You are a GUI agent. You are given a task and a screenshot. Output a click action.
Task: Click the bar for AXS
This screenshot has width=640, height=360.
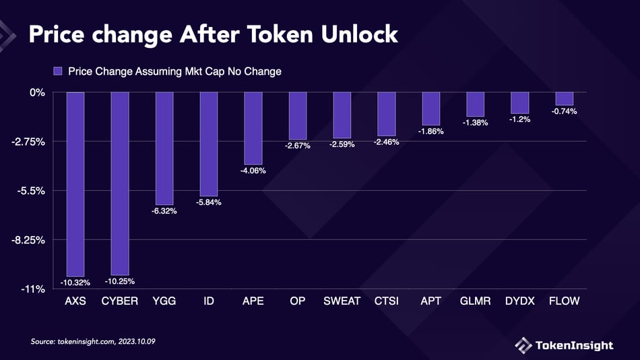(x=75, y=183)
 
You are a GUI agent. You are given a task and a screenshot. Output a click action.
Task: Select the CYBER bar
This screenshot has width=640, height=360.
(x=120, y=183)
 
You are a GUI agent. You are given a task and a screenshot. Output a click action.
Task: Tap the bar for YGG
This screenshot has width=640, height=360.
(x=164, y=148)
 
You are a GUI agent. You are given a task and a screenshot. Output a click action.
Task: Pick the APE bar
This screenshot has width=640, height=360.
(x=253, y=128)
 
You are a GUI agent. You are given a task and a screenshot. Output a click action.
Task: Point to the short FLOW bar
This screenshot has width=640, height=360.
(x=564, y=98)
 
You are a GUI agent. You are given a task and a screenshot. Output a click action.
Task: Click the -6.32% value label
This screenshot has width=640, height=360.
(x=164, y=211)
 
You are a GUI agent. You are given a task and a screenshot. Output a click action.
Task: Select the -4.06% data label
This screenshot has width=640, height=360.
(x=253, y=171)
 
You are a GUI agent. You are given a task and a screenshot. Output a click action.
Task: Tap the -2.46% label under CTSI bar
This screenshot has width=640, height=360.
(x=387, y=142)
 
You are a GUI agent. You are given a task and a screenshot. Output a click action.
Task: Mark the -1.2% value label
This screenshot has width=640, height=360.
(x=520, y=119)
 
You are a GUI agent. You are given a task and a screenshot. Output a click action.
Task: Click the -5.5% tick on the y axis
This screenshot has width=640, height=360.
(x=31, y=191)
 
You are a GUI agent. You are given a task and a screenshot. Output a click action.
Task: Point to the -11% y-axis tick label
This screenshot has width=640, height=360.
(x=32, y=289)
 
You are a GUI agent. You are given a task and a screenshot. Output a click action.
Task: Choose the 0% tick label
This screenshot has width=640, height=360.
(x=36, y=92)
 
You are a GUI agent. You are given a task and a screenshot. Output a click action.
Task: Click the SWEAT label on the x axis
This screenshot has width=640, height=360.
(x=342, y=301)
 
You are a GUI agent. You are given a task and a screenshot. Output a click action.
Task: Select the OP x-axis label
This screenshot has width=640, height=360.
(x=298, y=301)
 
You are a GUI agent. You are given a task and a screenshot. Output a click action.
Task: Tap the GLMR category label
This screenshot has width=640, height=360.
(x=475, y=301)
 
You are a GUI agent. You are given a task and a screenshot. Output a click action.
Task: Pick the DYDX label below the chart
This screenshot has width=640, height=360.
(x=519, y=301)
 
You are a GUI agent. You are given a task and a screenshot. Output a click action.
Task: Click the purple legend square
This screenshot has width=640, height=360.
(x=57, y=71)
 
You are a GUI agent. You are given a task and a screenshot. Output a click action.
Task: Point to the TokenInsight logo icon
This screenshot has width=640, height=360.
(x=523, y=345)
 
